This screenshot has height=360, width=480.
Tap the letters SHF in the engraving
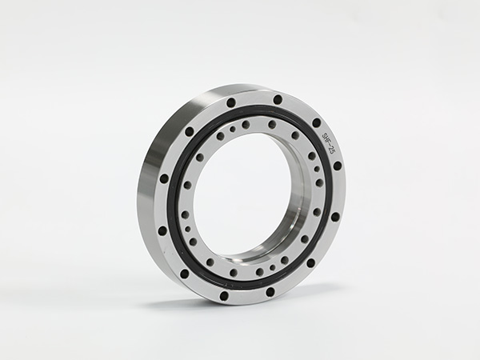click(326, 138)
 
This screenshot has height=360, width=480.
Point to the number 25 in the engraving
click(331, 151)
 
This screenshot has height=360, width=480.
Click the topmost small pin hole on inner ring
click(234, 129)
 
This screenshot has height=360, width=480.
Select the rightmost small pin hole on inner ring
click(318, 169)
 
